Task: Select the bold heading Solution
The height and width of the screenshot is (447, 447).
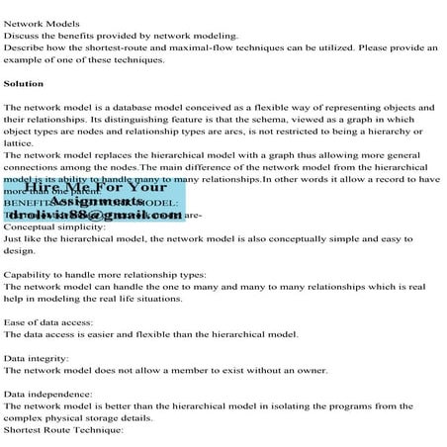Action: coord(24,83)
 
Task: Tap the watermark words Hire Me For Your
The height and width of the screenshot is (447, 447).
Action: coord(96,187)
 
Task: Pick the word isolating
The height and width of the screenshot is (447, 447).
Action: coord(292,404)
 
